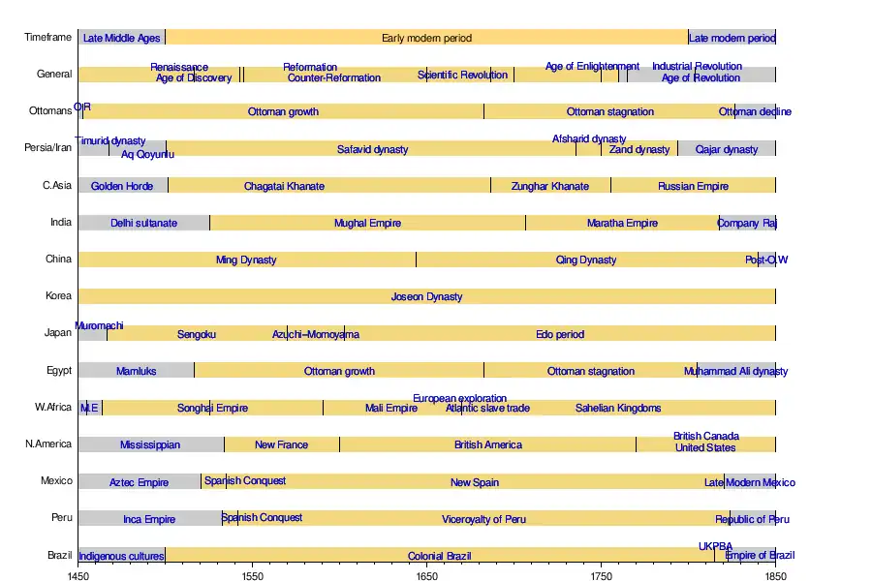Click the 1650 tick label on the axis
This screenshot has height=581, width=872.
pyautogui.click(x=426, y=575)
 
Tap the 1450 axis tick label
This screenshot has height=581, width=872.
pyautogui.click(x=78, y=575)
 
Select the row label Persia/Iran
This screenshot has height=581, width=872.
pyautogui.click(x=48, y=148)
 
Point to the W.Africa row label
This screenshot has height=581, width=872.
pyautogui.click(x=52, y=408)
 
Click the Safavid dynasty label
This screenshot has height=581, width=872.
pyautogui.click(x=373, y=150)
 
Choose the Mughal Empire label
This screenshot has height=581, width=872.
pyautogui.click(x=367, y=224)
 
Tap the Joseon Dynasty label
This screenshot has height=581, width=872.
pyautogui.click(x=426, y=297)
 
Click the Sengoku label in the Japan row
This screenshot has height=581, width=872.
pyautogui.click(x=197, y=335)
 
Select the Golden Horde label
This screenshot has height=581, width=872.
pyautogui.click(x=122, y=186)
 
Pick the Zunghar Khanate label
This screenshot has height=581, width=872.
pyautogui.click(x=549, y=186)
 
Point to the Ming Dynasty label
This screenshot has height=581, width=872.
pyautogui.click(x=246, y=260)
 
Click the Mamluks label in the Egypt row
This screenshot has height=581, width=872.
pyautogui.click(x=136, y=372)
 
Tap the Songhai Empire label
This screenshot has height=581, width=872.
pyautogui.click(x=212, y=409)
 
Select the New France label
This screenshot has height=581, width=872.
pyautogui.click(x=281, y=445)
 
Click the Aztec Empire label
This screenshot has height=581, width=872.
pyautogui.click(x=139, y=482)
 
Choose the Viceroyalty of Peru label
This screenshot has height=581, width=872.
pyautogui.click(x=483, y=520)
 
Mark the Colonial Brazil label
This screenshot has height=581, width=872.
pyautogui.click(x=439, y=557)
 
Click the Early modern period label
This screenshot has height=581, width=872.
pyautogui.click(x=426, y=39)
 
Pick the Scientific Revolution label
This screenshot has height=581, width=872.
pyautogui.click(x=462, y=76)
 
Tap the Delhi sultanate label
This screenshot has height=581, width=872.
pyautogui.click(x=143, y=224)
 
